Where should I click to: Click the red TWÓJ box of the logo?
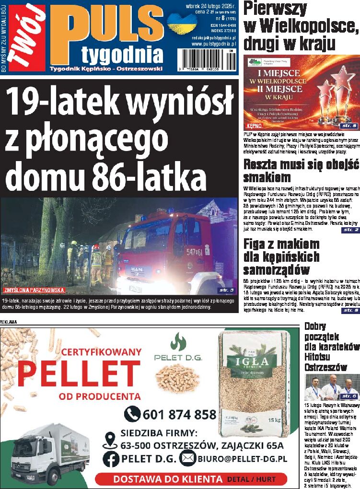[x=27, y=37]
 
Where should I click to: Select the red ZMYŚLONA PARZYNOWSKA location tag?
[x=34, y=290]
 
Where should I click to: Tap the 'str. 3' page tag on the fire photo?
[x=226, y=290]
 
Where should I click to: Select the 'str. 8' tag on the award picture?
[x=348, y=126]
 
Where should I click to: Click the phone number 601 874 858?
[x=179, y=414]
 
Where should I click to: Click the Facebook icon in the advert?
[x=111, y=459]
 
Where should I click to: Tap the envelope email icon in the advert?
[x=187, y=459]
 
